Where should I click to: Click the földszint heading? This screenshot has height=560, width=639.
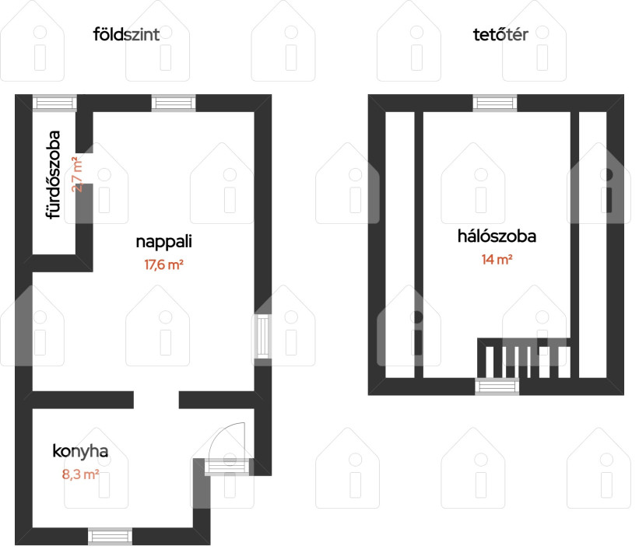coord(126,35)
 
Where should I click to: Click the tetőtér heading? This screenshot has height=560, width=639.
coord(500,35)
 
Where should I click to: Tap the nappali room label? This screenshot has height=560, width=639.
coord(163,242)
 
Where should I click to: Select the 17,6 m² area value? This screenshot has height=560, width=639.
coord(163,264)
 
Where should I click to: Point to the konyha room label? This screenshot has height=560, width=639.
coord(80,451)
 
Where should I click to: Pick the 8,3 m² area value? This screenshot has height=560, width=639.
coord(81,474)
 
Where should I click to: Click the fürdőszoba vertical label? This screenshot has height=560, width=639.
coord(54,175)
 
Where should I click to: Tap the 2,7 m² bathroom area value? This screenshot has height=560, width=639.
coord(76,174)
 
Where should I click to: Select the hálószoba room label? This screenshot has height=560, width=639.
coord(497,236)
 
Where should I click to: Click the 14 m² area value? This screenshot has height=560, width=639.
coord(497,260)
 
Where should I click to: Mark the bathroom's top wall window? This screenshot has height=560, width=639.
coord(54,103)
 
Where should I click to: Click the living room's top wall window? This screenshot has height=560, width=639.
coord(174,103)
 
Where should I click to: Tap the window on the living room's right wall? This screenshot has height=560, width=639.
coord(263,336)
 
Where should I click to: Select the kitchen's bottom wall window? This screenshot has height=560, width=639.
coord(110,537)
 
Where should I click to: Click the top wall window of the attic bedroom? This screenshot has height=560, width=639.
coord(495,103)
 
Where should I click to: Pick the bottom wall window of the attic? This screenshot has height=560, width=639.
coord(497,387)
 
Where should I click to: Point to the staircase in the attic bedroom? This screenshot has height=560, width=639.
coord(524,358)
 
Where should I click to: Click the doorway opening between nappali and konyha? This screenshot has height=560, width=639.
coord(156,400)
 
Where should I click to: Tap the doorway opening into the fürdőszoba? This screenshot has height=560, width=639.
coord(84,169)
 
